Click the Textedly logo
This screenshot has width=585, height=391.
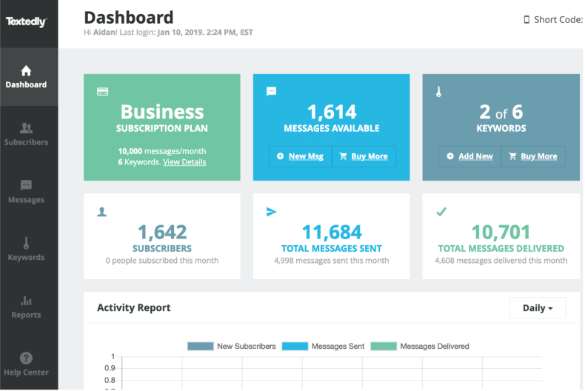26,21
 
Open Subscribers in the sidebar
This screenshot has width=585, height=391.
26,134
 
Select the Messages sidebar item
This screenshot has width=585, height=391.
26,192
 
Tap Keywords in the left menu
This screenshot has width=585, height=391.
26,250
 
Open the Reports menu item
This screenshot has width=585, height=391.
26,307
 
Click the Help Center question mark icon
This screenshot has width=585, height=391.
26,358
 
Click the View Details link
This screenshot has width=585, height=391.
184,162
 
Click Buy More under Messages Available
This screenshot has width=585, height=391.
364,156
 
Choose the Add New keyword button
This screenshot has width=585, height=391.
470,156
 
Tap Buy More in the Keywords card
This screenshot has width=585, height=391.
533,156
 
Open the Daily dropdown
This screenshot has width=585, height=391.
538,308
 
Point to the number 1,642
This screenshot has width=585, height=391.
162,232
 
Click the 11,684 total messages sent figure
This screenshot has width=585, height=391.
332,232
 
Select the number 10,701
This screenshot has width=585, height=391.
501,232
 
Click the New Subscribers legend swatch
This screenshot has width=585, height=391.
201,347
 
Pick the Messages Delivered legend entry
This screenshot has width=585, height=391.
420,347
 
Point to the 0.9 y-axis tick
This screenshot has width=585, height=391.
110,368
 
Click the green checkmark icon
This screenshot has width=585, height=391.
441,212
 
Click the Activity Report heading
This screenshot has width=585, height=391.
134,308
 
